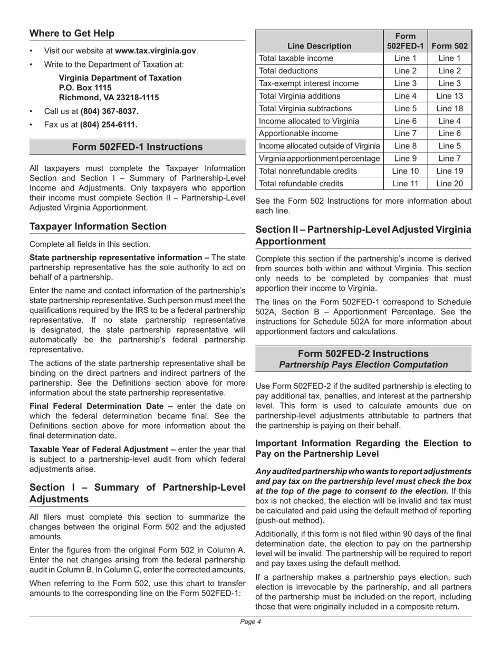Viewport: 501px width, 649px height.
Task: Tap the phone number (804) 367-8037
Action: [109, 111]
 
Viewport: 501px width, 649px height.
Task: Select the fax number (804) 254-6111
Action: [109, 125]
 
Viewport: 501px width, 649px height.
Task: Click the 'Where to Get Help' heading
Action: [72, 34]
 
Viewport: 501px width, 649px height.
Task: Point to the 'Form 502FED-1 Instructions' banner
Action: [137, 147]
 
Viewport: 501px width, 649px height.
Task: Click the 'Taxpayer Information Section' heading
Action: [98, 226]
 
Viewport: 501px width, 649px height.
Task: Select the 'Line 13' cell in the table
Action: [449, 96]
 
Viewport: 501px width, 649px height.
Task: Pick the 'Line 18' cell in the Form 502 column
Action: [449, 109]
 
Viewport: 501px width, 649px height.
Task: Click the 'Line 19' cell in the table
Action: [449, 171]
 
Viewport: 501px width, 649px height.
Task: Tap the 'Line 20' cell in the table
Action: [449, 184]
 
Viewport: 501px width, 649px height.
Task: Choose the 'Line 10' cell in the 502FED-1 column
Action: [405, 171]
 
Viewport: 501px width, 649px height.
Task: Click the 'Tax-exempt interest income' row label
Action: [309, 83]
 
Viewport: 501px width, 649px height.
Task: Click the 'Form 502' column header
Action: [449, 46]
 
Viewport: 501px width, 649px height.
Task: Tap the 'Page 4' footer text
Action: [250, 622]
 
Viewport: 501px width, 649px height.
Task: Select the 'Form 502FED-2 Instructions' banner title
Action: [363, 354]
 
